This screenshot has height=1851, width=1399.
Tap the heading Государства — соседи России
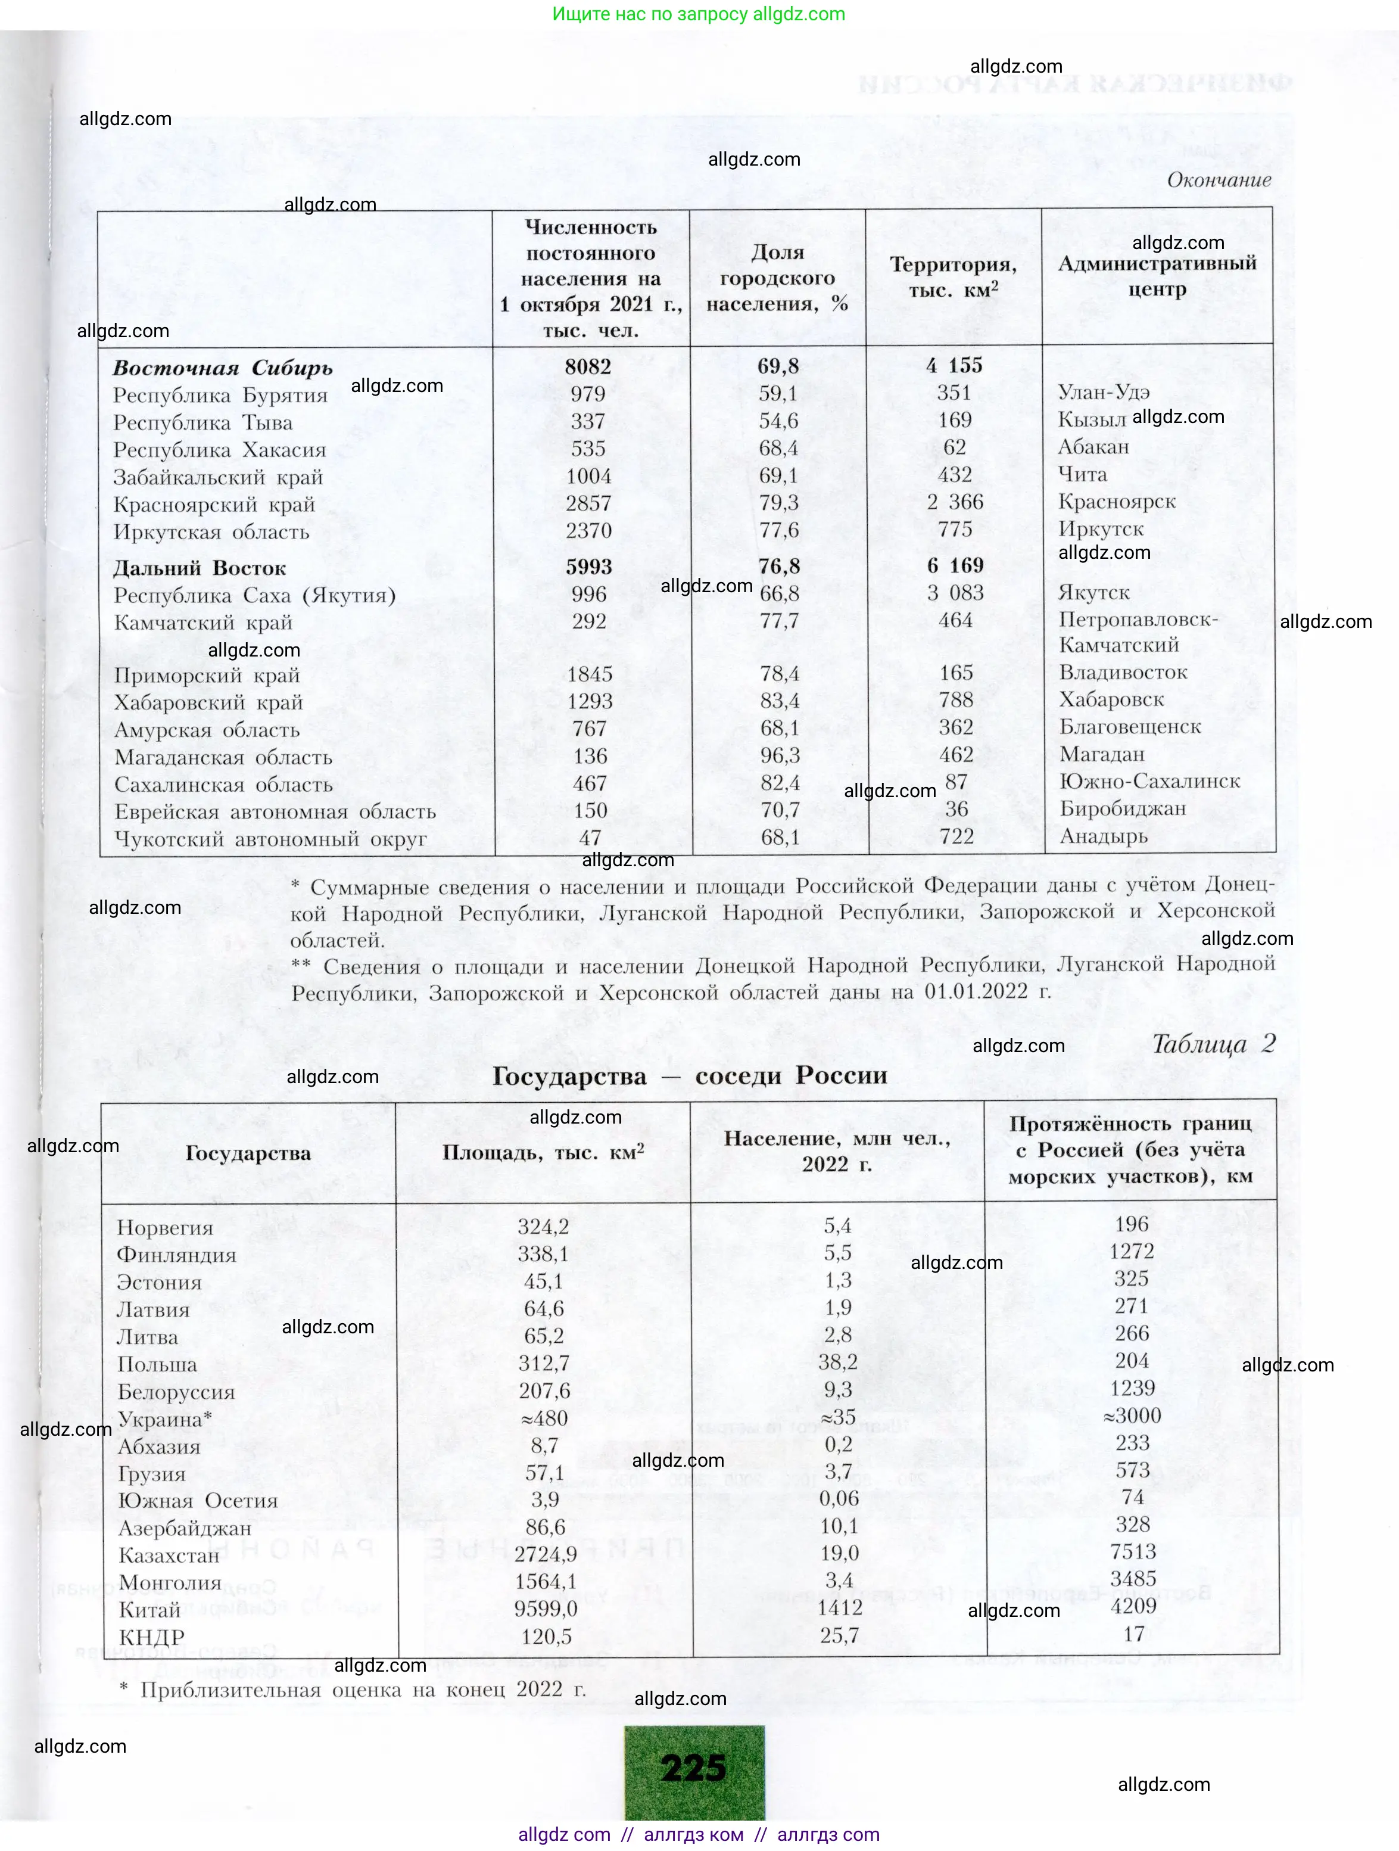click(690, 1076)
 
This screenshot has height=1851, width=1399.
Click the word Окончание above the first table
click(1219, 180)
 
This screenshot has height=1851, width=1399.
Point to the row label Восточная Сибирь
click(223, 368)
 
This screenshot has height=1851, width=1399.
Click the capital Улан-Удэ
click(1104, 391)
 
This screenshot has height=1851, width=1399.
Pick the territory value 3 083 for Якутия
click(955, 593)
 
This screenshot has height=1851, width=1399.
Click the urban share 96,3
click(780, 755)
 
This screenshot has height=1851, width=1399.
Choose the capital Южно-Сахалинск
click(1149, 782)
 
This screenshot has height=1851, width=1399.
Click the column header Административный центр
click(1157, 276)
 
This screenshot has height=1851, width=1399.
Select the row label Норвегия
click(165, 1228)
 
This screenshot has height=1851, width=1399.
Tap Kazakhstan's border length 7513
click(1133, 1551)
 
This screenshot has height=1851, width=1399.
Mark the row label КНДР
click(151, 1637)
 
